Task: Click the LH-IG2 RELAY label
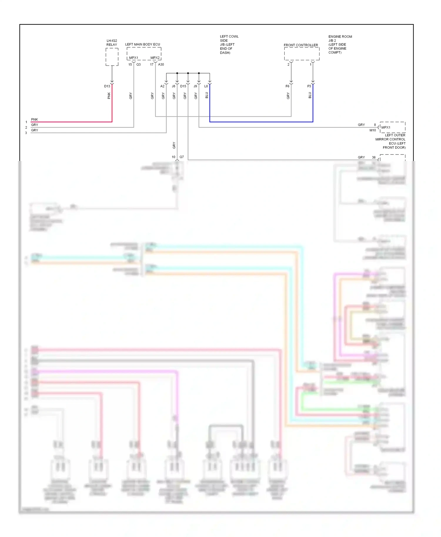pyautogui.click(x=112, y=43)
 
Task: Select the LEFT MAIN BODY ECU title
pyautogui.click(x=143, y=44)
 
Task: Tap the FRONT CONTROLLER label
pyautogui.click(x=301, y=45)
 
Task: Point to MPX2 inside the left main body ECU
pyautogui.click(x=155, y=58)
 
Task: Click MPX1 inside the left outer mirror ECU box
pyautogui.click(x=386, y=127)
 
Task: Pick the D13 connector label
pyautogui.click(x=107, y=86)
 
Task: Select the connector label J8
pyautogui.click(x=173, y=86)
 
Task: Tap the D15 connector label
pyautogui.click(x=183, y=86)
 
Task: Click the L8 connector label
pyautogui.click(x=206, y=86)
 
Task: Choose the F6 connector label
pyautogui.click(x=287, y=86)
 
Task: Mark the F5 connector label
pyautogui.click(x=309, y=86)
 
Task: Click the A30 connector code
pyautogui.click(x=161, y=64)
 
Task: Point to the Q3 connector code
pyautogui.click(x=138, y=64)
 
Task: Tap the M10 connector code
pyautogui.click(x=372, y=130)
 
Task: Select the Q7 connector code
pyautogui.click(x=182, y=157)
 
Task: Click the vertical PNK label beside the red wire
pyautogui.click(x=109, y=95)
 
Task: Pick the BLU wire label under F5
pyautogui.click(x=310, y=95)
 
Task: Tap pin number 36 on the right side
pyautogui.click(x=374, y=157)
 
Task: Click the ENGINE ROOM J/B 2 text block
pyautogui.click(x=340, y=44)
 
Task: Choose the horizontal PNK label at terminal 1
pyautogui.click(x=34, y=119)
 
